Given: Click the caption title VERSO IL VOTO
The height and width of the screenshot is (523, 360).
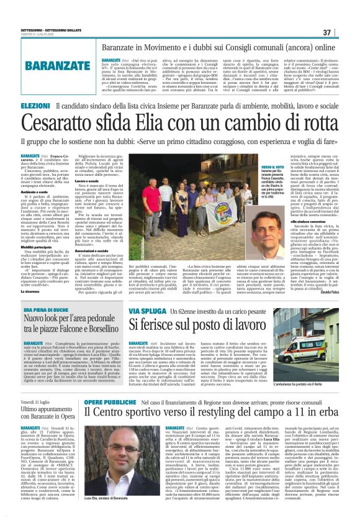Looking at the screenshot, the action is click(x=274, y=167).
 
